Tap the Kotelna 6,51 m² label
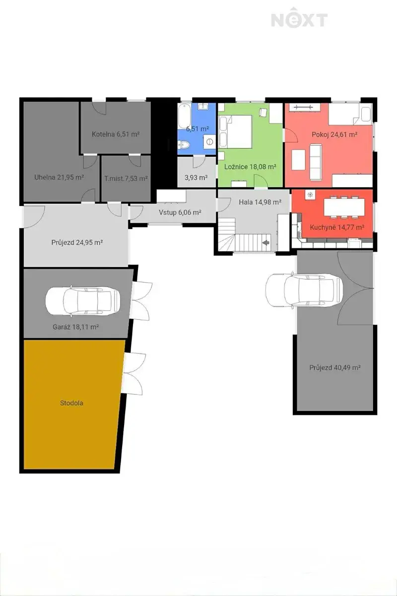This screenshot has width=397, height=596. point(116,134)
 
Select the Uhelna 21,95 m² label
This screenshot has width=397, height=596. point(59,177)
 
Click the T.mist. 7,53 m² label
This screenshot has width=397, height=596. point(126,178)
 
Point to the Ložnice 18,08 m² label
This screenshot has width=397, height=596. point(250,167)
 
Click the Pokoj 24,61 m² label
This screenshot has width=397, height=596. point(334,135)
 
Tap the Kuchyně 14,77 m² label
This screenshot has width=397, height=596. point(337,227)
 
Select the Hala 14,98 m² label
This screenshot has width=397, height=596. point(260,202)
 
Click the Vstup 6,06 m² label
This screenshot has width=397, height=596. point(180,213)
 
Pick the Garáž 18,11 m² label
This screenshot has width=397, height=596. point(76,327)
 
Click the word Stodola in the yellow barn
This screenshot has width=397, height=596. point(71,403)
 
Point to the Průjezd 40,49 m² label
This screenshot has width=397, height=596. point(335,368)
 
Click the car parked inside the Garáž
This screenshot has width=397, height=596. point(83,301)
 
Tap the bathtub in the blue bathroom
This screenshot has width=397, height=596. point(184,116)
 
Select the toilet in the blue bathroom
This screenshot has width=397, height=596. point(184,145)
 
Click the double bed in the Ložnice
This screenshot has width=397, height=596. point(235,132)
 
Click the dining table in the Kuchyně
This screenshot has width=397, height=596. point(344,208)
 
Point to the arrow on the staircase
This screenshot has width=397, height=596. point(265,243)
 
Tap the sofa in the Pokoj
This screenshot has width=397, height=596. point(316,162)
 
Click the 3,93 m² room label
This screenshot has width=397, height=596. point(196,177)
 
